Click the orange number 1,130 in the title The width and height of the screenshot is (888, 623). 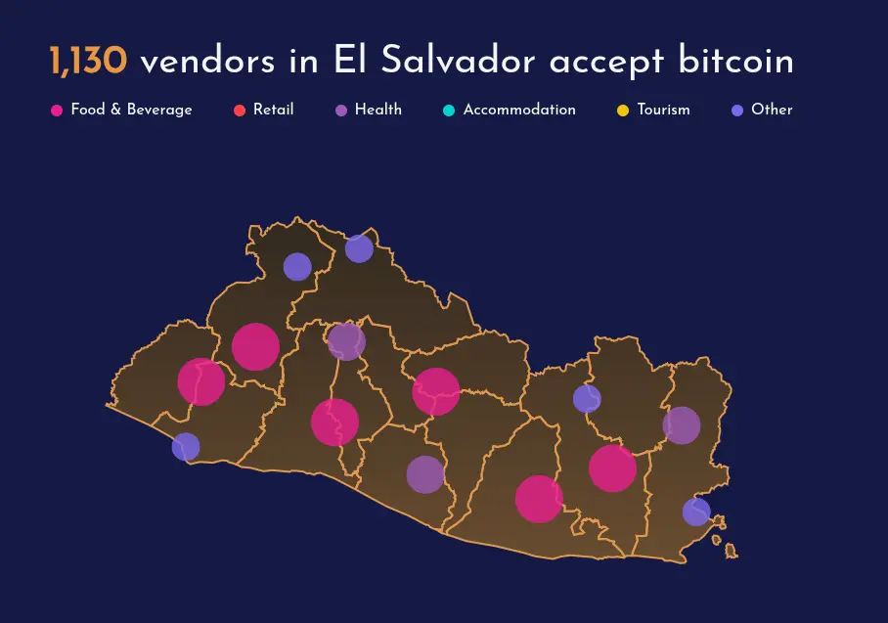point(88,62)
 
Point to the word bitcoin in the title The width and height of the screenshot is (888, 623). point(735,62)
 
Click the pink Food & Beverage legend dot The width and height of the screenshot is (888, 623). point(57,111)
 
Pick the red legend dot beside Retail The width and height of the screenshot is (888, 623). point(240,111)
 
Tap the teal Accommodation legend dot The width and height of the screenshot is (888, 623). point(449,111)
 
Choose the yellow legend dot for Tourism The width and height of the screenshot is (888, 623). point(623,111)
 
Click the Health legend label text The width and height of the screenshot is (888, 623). point(377,110)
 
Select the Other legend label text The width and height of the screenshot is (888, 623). point(772,110)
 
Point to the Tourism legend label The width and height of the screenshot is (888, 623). point(663,110)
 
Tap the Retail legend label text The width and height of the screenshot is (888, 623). point(273,110)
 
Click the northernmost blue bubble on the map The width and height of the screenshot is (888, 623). point(359,248)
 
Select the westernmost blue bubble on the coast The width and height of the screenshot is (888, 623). point(186,447)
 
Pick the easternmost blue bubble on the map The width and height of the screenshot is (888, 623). point(696,512)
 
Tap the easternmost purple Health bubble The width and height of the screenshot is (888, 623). point(682,425)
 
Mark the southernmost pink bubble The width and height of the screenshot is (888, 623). point(539,499)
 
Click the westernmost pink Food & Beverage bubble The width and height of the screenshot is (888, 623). point(201,381)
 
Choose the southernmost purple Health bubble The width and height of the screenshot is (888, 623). point(425,474)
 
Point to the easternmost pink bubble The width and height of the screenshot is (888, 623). point(613,468)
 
